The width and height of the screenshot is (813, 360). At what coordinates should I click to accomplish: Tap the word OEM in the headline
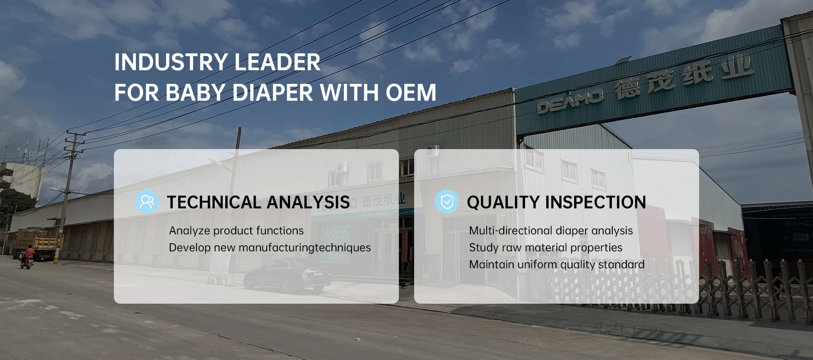411,93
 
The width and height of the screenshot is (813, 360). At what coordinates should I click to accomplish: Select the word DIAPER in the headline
273,93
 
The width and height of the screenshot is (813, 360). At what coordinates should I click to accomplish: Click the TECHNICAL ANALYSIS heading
258,202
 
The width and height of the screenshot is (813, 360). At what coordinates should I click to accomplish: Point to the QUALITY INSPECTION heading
556,202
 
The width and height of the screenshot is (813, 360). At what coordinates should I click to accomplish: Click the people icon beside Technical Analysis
147,202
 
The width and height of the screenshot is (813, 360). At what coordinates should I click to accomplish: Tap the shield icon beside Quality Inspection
447,202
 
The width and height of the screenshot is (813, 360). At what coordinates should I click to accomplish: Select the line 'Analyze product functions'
236,231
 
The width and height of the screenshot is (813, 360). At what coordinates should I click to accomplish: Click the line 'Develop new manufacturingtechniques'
270,248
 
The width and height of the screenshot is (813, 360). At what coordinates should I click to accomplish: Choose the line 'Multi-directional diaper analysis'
551,231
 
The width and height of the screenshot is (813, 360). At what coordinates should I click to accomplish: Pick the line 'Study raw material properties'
546,248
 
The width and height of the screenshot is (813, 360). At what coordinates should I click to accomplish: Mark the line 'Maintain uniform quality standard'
557,265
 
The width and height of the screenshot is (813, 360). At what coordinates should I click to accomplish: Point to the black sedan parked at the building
288,276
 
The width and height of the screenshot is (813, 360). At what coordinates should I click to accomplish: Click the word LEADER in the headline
277,62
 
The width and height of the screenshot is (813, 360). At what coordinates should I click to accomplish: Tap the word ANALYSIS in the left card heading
308,202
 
